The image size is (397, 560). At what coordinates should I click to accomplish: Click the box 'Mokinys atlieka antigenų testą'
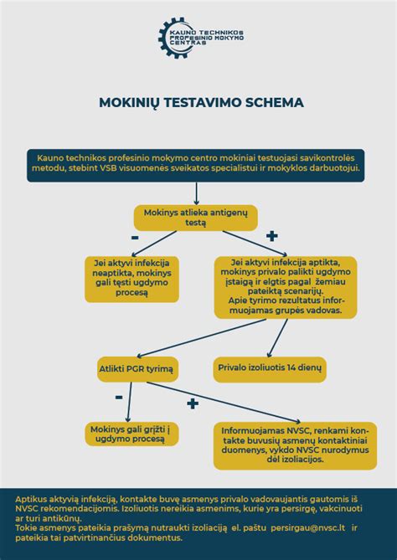196,218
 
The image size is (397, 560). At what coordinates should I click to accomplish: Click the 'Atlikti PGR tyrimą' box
136,368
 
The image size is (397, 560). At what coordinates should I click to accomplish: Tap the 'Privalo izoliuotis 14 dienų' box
270,367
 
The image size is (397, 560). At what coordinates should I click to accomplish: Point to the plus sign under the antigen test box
271,237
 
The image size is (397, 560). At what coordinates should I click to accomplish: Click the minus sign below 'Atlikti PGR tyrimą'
119,395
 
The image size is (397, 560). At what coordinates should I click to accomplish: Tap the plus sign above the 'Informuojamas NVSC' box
192,403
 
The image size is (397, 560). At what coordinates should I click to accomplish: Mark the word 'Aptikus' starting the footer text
34,497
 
